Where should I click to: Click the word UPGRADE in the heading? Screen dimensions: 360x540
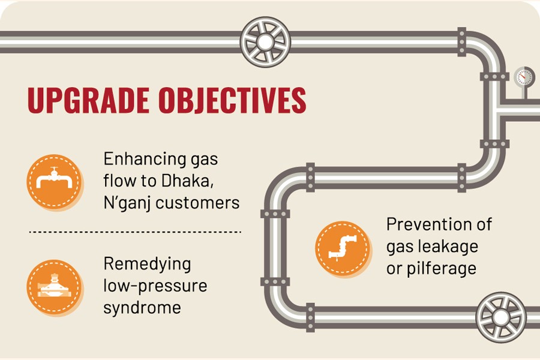click(x=86, y=101)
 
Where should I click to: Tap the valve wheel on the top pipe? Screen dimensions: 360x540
click(x=265, y=41)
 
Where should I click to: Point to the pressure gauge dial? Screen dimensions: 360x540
click(x=524, y=77)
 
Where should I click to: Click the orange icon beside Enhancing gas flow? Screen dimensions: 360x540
click(x=55, y=182)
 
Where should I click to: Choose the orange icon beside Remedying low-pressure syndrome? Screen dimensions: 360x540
click(x=55, y=286)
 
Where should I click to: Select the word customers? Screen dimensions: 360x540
click(x=197, y=203)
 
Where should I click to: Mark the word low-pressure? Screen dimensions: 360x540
click(x=155, y=286)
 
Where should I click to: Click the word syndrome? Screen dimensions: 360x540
click(x=142, y=307)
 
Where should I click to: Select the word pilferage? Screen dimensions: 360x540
click(x=441, y=268)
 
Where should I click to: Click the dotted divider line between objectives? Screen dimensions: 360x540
click(x=134, y=231)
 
